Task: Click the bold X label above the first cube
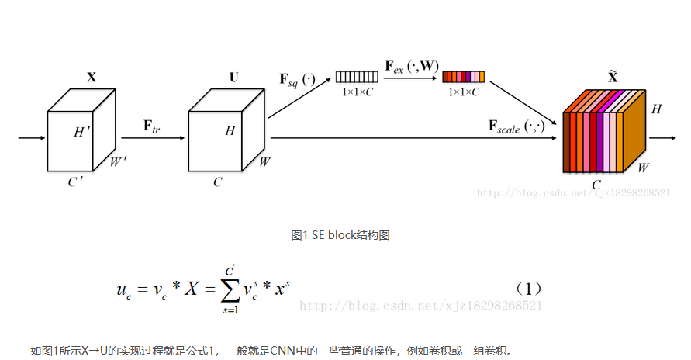click(92, 78)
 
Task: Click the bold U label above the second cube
click(234, 78)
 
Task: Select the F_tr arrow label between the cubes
click(152, 125)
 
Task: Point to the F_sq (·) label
click(297, 79)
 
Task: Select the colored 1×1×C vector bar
click(463, 77)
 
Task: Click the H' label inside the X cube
click(82, 132)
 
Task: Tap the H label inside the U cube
click(230, 131)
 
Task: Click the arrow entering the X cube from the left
click(31, 139)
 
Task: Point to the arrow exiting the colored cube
click(663, 139)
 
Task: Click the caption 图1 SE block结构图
click(339, 234)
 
